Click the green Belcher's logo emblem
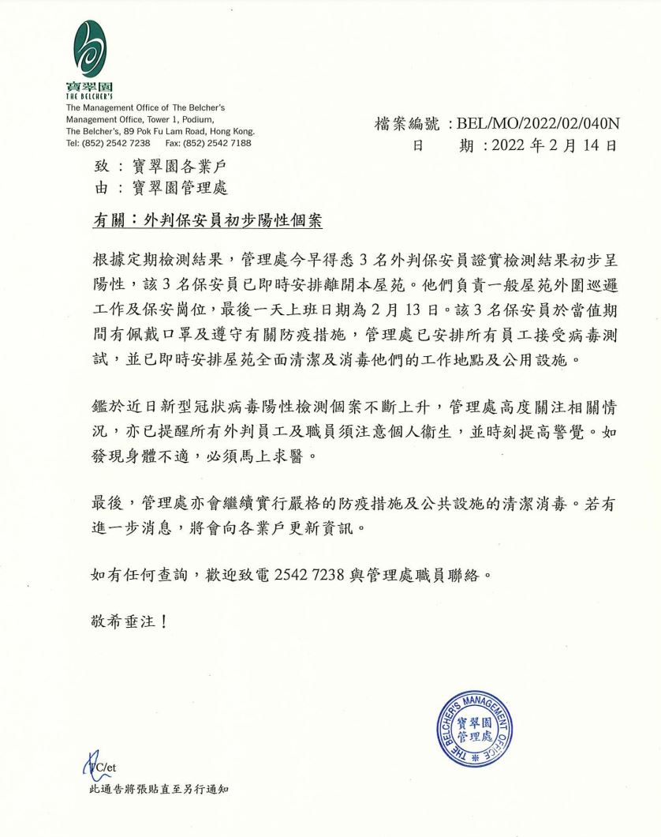[x=89, y=49]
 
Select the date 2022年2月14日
[x=552, y=145]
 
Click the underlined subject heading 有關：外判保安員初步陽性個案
[x=207, y=222]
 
